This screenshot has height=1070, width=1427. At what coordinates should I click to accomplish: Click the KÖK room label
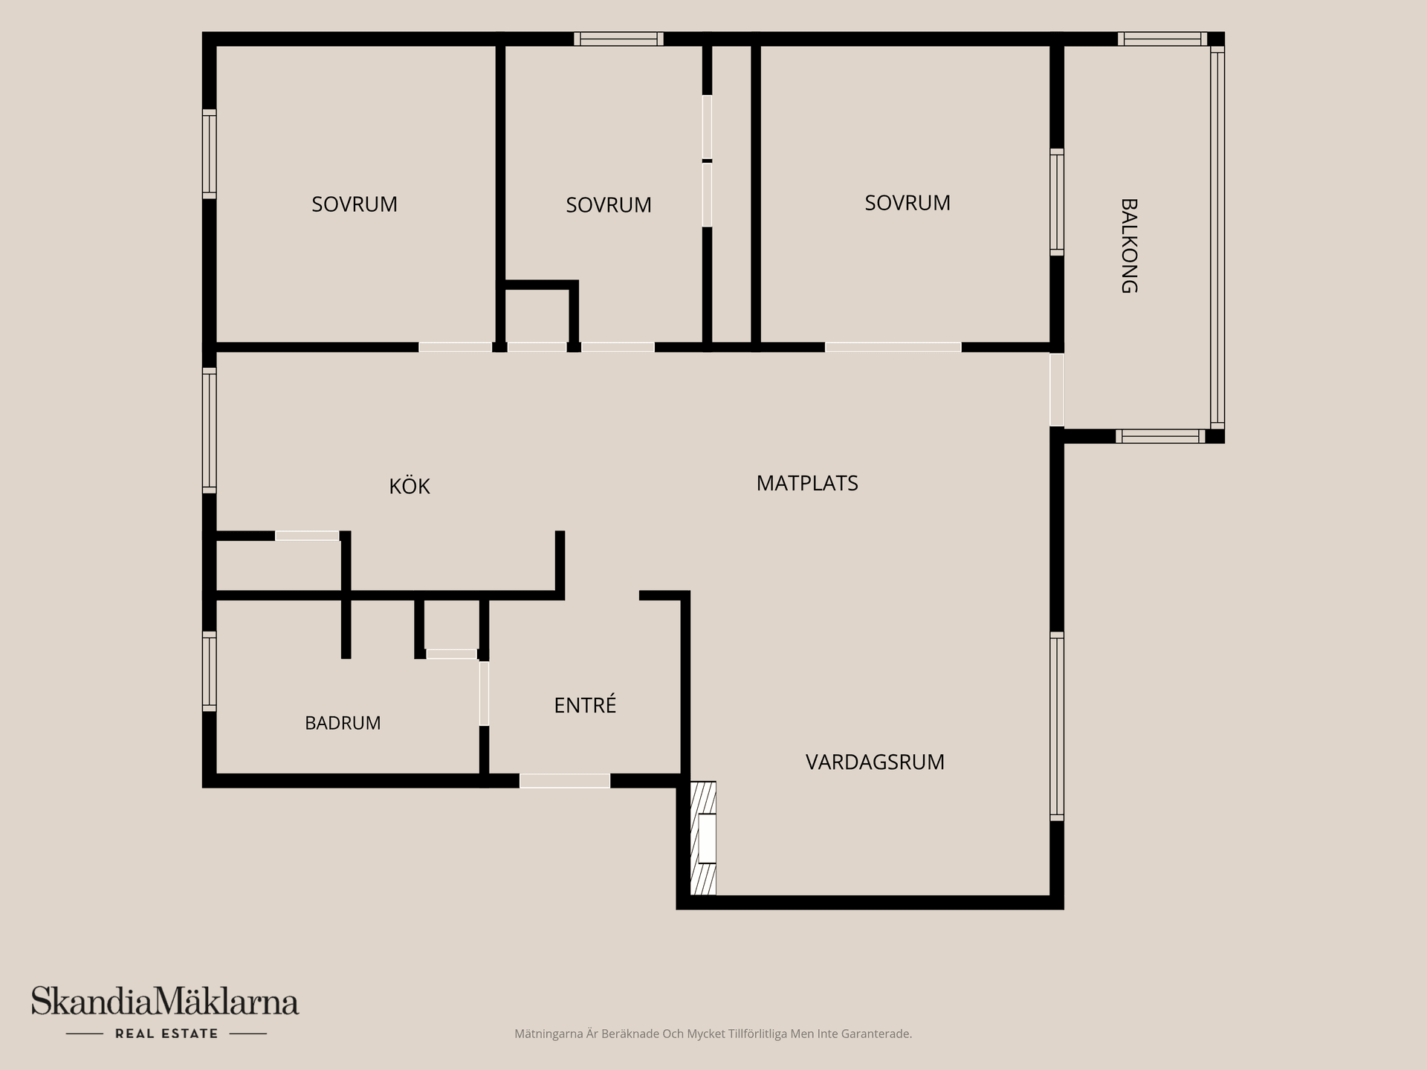(410, 486)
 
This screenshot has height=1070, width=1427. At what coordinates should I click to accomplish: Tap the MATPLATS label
(807, 484)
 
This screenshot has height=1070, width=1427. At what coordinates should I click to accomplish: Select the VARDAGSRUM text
(875, 762)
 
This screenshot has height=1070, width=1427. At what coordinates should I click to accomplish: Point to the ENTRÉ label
(585, 704)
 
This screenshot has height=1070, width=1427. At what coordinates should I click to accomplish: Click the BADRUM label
(343, 723)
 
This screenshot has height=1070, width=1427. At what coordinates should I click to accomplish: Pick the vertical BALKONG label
(1129, 246)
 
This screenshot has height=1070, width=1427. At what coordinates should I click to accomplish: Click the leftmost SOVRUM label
(355, 204)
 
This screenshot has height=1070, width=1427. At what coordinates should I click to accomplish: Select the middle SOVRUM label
(609, 205)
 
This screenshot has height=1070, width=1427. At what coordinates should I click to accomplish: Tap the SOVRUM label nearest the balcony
(907, 203)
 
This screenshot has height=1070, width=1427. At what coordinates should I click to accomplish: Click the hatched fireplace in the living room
(703, 838)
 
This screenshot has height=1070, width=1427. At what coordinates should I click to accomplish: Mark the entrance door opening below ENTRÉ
(565, 781)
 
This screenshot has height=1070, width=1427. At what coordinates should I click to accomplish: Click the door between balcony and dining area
(1057, 389)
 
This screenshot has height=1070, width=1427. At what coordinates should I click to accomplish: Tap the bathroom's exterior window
(210, 671)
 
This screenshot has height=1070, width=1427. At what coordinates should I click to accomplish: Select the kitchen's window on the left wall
(210, 430)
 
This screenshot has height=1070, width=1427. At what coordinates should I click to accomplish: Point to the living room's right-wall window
(1057, 726)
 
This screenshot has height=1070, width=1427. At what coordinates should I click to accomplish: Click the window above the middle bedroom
(618, 39)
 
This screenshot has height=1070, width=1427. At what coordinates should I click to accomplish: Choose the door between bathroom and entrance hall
(484, 693)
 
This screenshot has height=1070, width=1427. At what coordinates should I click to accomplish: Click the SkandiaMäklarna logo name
(165, 1002)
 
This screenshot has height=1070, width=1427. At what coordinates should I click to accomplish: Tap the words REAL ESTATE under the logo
(166, 1034)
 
